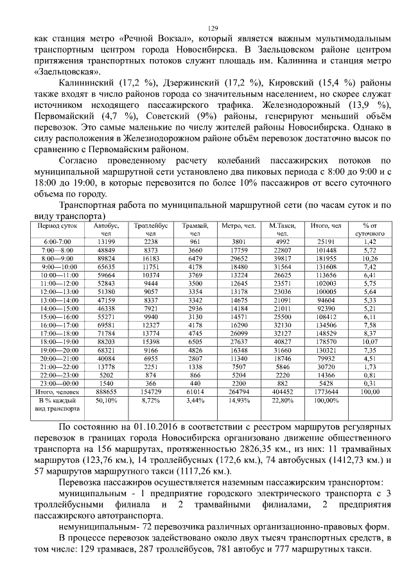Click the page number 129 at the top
click(214, 28)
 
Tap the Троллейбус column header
click(151, 230)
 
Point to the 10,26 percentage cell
click(369, 257)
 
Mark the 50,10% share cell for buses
click(106, 400)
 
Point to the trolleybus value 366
click(151, 382)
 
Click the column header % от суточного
click(369, 230)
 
